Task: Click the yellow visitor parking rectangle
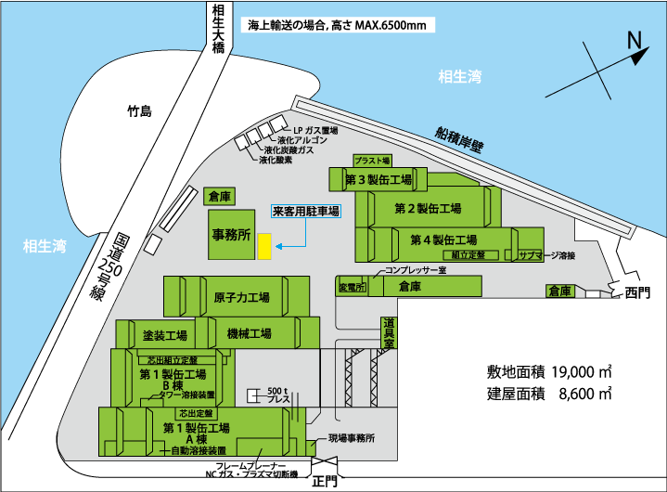pos(264,246)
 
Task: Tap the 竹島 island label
pos(139,111)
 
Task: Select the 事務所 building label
pos(232,236)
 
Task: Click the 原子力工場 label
pos(241,298)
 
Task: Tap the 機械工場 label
pos(249,333)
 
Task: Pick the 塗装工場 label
pos(165,335)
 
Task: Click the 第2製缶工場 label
pos(428,208)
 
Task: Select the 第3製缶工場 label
pos(378,178)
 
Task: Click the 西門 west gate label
pos(638,293)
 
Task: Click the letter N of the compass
pos(635,40)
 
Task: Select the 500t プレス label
pos(277,395)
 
